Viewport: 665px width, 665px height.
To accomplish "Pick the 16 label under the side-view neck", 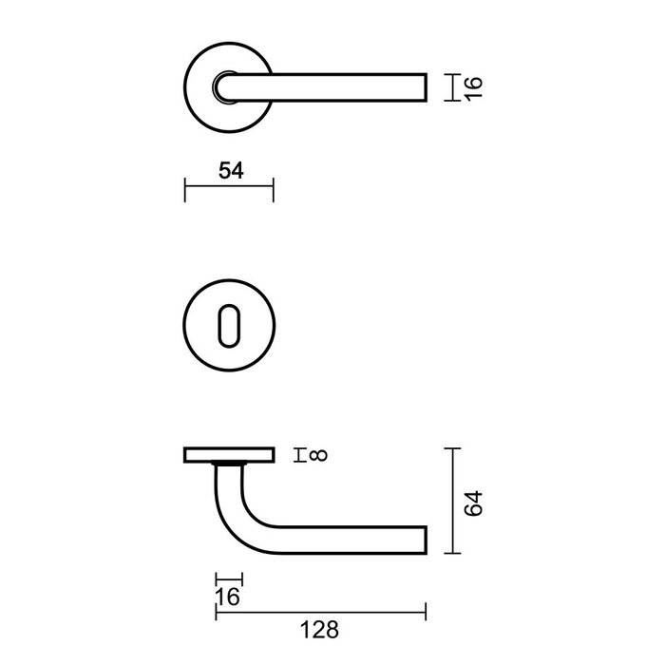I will click(x=229, y=597).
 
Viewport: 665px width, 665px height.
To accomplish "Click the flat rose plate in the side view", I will click(x=228, y=455).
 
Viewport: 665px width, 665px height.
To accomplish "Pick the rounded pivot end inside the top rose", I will click(x=224, y=87).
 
